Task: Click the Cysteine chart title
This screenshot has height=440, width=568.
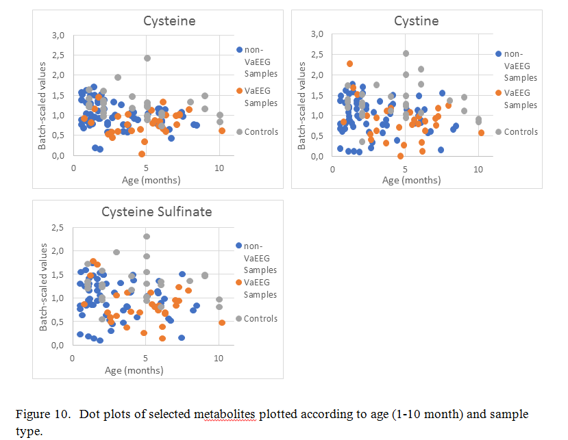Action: (169, 21)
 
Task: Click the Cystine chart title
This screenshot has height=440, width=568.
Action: (416, 21)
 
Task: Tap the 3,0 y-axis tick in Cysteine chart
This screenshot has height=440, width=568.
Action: (59, 35)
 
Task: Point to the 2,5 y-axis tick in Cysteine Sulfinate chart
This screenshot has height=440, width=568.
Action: (59, 227)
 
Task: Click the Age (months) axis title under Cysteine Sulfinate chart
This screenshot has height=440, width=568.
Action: (134, 370)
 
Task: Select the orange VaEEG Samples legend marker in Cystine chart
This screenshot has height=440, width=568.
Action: (499, 93)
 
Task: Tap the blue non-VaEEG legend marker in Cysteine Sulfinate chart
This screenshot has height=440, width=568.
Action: (238, 246)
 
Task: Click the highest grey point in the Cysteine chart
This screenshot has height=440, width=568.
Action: (147, 58)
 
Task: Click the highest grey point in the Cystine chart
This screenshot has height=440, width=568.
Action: (406, 53)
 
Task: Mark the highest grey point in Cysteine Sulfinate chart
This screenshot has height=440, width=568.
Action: (147, 237)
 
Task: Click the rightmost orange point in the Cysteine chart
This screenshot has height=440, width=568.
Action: (222, 131)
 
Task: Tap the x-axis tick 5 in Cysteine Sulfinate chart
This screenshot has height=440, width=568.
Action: (145, 358)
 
